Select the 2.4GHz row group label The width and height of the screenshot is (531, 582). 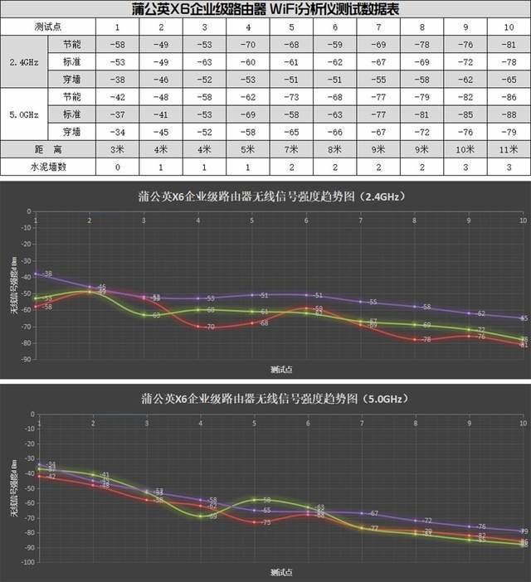click(x=22, y=61)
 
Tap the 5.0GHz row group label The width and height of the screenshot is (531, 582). click(x=22, y=114)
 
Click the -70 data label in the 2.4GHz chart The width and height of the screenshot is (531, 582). click(x=211, y=327)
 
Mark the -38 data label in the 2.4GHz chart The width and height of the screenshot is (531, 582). click(x=47, y=274)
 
